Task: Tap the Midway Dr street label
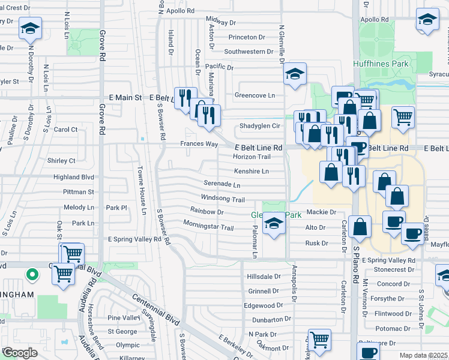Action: click(x=220, y=22)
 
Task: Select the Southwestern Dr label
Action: click(x=249, y=52)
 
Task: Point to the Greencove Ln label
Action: click(x=255, y=95)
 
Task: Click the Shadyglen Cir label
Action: click(x=260, y=126)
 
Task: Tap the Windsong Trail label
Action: click(x=223, y=199)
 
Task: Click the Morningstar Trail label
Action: click(x=208, y=227)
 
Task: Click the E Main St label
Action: click(x=125, y=97)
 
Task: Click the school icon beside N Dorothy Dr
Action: click(x=31, y=28)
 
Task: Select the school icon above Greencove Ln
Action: click(x=295, y=74)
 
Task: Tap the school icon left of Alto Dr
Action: click(x=274, y=223)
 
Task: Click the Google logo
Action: click(x=20, y=353)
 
